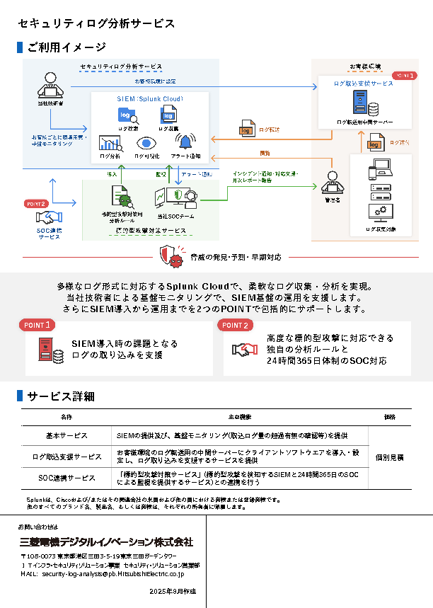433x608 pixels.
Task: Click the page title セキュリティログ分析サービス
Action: (x=96, y=24)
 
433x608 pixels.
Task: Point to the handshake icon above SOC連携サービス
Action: (x=50, y=217)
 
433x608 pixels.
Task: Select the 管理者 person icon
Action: (x=332, y=182)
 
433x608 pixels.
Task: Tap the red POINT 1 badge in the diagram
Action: (x=405, y=75)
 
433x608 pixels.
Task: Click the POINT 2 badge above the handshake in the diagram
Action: (x=36, y=203)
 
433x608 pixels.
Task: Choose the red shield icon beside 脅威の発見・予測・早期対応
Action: (x=168, y=255)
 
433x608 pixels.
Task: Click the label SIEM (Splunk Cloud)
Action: (x=149, y=100)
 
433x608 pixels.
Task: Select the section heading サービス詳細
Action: (x=60, y=396)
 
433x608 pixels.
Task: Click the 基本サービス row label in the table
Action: (x=67, y=436)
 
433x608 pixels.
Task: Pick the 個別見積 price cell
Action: (x=389, y=457)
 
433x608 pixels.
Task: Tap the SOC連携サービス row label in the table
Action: (x=67, y=478)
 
